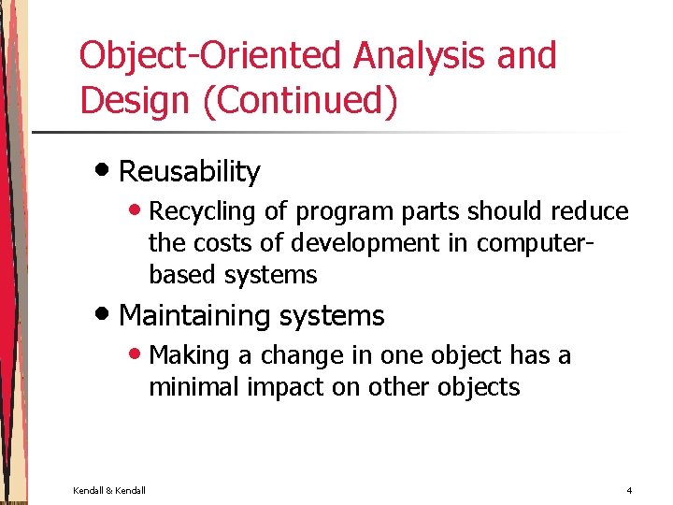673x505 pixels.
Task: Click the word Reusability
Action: point(190,172)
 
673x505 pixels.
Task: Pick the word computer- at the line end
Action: point(536,243)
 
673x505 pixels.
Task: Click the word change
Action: point(297,356)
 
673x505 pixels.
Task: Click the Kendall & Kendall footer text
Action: point(109,490)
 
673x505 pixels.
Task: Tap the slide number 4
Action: point(629,490)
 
